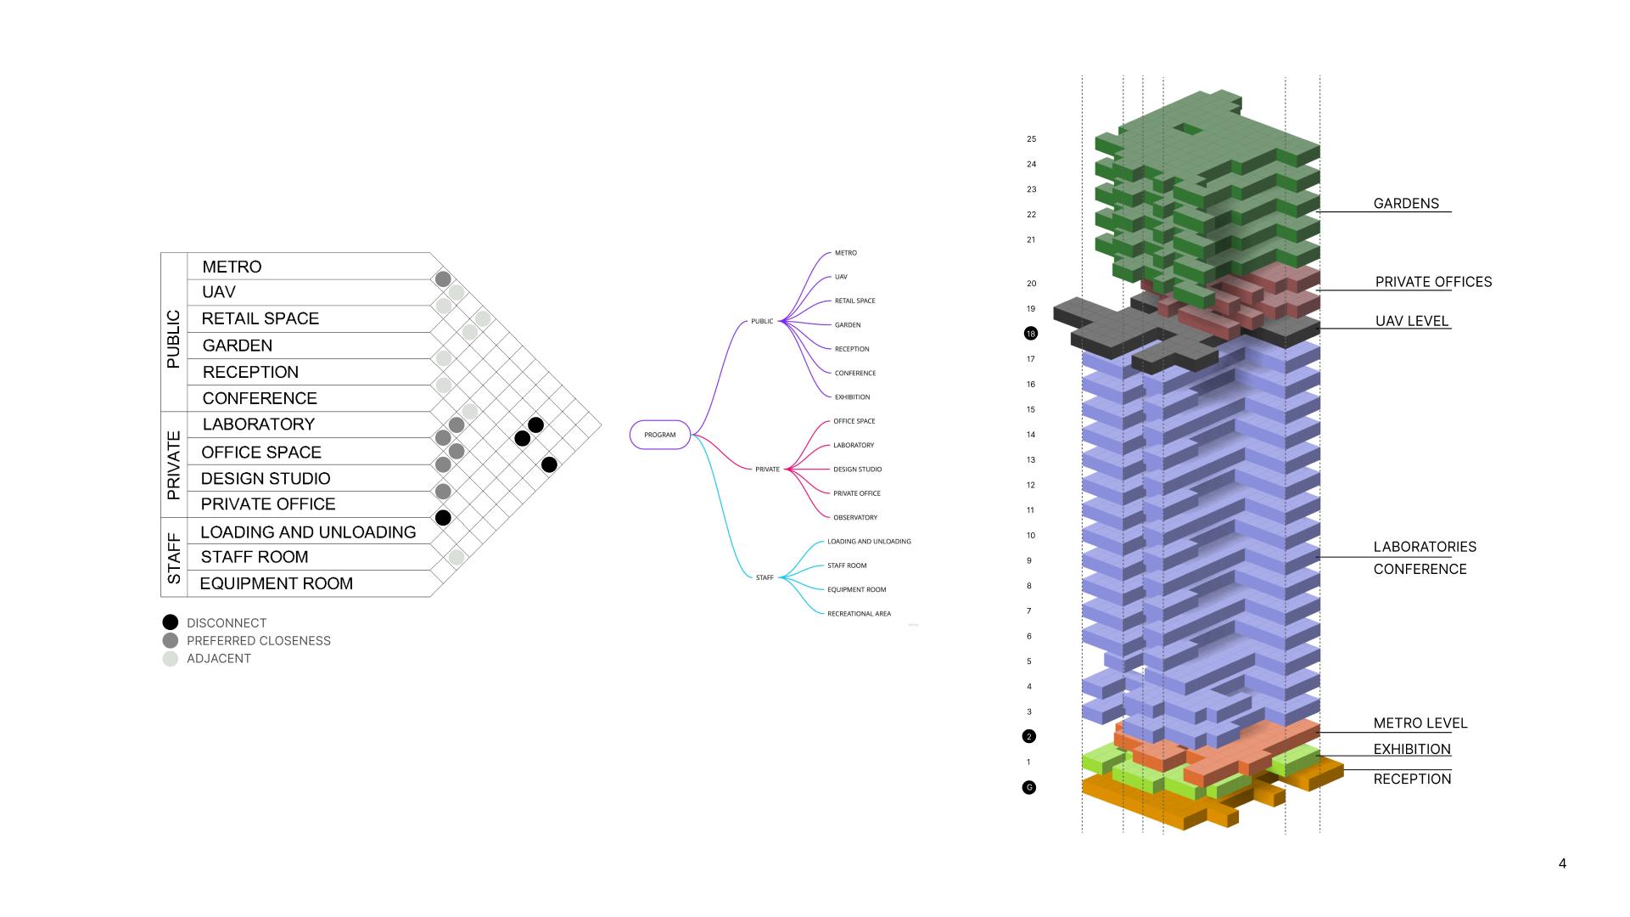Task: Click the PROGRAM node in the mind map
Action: click(x=659, y=435)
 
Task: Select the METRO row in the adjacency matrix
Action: click(x=232, y=267)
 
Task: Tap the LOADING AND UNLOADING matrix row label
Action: click(x=308, y=532)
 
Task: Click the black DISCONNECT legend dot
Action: click(x=171, y=622)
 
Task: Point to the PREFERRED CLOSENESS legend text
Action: click(x=259, y=641)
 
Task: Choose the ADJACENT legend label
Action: click(x=219, y=659)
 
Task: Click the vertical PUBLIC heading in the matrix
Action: click(x=174, y=339)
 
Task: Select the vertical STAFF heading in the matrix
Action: click(x=174, y=558)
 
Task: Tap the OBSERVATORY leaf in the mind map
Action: click(x=855, y=517)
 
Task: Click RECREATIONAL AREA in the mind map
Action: click(x=859, y=614)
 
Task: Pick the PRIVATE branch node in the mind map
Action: click(x=767, y=470)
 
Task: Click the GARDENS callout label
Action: click(x=1406, y=204)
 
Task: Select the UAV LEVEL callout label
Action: click(x=1412, y=321)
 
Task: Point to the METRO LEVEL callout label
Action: click(x=1420, y=723)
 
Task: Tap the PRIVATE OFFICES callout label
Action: click(x=1433, y=282)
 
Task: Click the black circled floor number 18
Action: click(x=1031, y=334)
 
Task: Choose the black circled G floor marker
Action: click(x=1029, y=788)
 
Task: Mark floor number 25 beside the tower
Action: click(x=1032, y=139)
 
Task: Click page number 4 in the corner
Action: click(x=1562, y=864)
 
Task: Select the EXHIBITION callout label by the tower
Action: click(x=1412, y=749)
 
